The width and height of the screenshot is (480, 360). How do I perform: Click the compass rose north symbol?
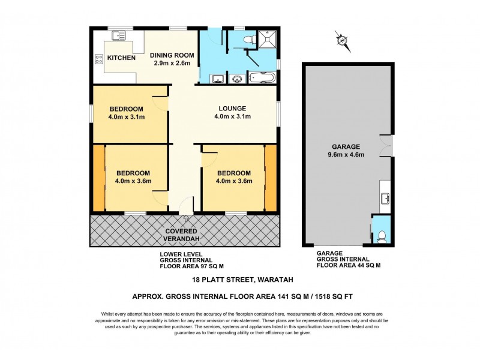coord(342,40)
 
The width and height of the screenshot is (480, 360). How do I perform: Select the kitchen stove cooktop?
coord(98,59)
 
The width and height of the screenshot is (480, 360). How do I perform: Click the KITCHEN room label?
coord(122,58)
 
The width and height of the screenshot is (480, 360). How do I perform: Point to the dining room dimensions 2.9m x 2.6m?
coord(172,63)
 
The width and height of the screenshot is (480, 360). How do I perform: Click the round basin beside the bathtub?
coord(236,78)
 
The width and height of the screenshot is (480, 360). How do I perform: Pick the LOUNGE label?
coord(232,109)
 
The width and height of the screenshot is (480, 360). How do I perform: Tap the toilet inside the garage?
coord(382,235)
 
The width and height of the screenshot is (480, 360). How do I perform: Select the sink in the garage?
coord(385,199)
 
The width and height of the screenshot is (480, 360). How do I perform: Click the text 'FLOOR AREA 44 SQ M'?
coord(349,265)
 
